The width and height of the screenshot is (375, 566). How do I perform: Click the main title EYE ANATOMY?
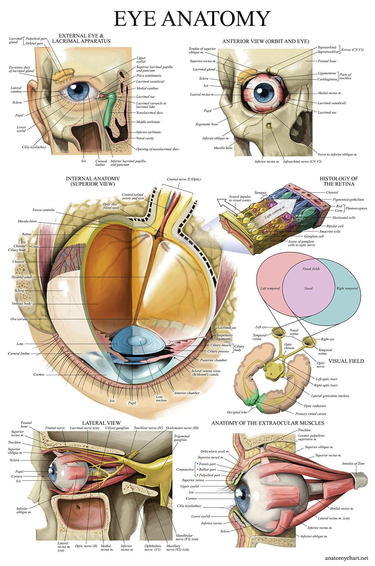coord(192,19)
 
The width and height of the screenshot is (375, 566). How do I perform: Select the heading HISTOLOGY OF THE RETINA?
coord(339,181)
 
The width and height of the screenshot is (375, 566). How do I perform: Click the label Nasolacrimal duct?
coord(150,113)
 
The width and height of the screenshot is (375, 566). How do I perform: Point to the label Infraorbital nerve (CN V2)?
coord(302,162)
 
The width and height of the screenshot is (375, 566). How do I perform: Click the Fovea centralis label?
coord(44,210)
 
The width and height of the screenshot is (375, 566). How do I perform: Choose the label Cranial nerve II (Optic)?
coord(184,180)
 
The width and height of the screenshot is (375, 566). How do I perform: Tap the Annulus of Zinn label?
coord(353,464)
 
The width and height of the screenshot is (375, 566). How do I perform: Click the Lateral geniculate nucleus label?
coord(330,396)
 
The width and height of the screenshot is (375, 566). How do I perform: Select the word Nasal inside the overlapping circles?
coord(308,288)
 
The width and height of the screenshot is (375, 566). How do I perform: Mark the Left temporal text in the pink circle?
coord(270,288)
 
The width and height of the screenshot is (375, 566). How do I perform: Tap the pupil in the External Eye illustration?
coord(78,91)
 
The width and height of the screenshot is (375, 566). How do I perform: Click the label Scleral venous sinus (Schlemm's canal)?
coord(206,372)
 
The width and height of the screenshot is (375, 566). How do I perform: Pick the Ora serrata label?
coord(19,319)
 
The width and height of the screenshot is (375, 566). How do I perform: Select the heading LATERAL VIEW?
coord(101,423)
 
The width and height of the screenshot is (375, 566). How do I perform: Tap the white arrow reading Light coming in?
coord(275,212)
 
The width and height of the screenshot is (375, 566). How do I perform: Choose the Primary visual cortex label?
coord(311,414)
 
